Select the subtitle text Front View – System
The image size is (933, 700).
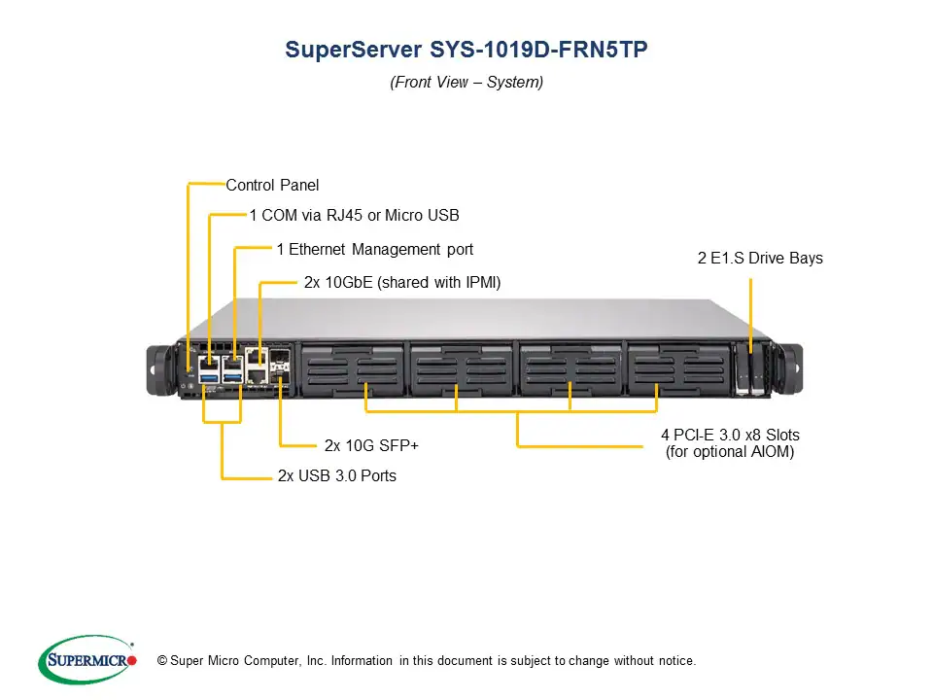[466, 83]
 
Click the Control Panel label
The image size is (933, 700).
[272, 185]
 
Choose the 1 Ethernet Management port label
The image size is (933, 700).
[374, 249]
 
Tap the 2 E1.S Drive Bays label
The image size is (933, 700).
[760, 258]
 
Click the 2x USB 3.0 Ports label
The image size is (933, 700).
[336, 476]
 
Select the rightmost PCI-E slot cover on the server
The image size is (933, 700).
[674, 367]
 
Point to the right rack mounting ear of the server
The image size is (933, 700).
[790, 367]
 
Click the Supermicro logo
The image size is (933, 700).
[87, 660]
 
